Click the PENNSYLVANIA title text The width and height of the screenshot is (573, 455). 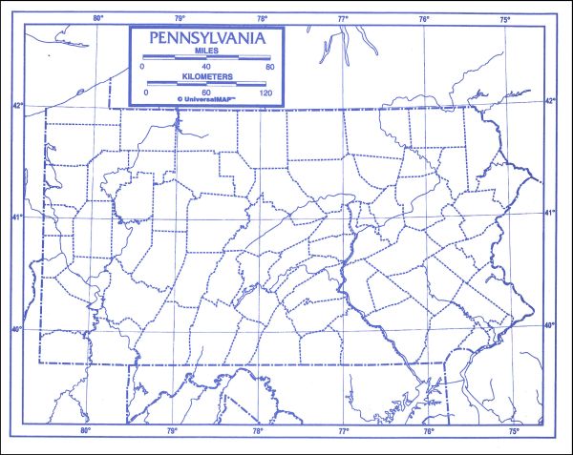click(x=206, y=40)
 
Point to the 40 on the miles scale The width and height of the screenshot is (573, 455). click(x=206, y=66)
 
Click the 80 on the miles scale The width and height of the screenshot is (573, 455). click(x=269, y=66)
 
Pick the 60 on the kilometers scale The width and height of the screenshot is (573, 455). click(x=206, y=92)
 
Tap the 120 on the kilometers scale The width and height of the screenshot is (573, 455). click(x=266, y=92)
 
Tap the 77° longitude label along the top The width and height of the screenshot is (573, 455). click(x=343, y=18)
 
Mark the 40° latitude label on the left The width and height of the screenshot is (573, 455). click(x=16, y=330)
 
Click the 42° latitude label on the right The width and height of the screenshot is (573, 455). click(x=549, y=99)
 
